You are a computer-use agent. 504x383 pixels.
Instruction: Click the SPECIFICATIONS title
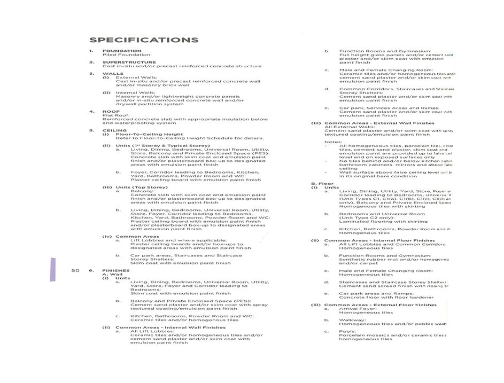144,40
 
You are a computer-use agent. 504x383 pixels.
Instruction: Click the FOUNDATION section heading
122,51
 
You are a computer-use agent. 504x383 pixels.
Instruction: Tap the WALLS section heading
113,74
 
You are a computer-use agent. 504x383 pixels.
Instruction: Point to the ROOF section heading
111,112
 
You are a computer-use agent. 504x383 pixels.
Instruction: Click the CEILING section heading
114,130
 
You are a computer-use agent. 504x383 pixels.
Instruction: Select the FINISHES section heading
116,271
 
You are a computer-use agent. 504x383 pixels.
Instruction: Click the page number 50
75,271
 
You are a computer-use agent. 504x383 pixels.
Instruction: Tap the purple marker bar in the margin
52,269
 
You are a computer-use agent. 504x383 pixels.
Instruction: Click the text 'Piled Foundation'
119,55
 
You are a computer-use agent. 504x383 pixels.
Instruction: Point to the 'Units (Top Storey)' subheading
142,187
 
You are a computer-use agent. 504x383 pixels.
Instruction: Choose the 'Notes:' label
333,142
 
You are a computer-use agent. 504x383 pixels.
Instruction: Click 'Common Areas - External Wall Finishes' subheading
379,123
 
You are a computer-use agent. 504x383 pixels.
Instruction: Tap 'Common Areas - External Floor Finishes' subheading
380,305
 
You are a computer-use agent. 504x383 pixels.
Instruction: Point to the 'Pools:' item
348,331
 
